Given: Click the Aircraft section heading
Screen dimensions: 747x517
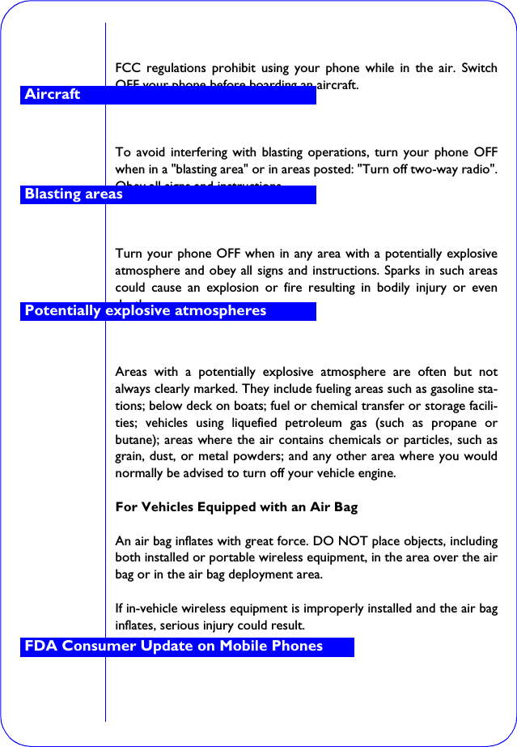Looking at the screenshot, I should coord(53,95).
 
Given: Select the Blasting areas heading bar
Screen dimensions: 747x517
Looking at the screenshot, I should coord(74,194).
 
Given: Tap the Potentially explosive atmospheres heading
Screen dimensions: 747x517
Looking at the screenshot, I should coord(146,311).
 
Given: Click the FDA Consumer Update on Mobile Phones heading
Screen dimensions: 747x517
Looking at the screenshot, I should coord(174,647).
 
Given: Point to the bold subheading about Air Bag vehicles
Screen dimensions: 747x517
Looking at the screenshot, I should coord(236,507).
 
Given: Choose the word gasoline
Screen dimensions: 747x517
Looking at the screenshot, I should coord(448,389).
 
